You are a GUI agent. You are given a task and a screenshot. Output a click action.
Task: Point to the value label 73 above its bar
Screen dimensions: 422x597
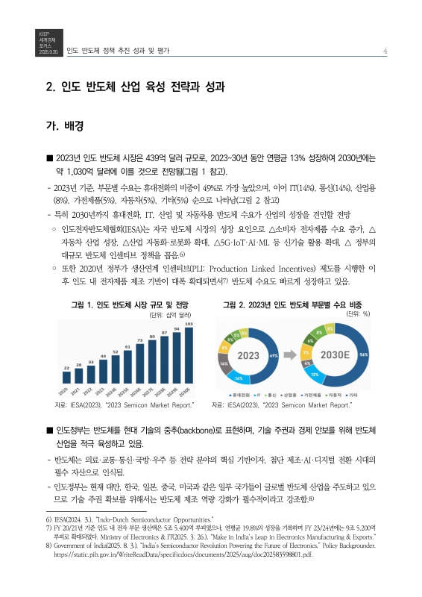coord(139,340)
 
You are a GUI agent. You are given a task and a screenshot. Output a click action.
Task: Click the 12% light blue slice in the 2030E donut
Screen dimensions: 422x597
coord(315,373)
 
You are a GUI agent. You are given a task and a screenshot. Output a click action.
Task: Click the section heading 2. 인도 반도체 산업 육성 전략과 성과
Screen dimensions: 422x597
coord(135,87)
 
